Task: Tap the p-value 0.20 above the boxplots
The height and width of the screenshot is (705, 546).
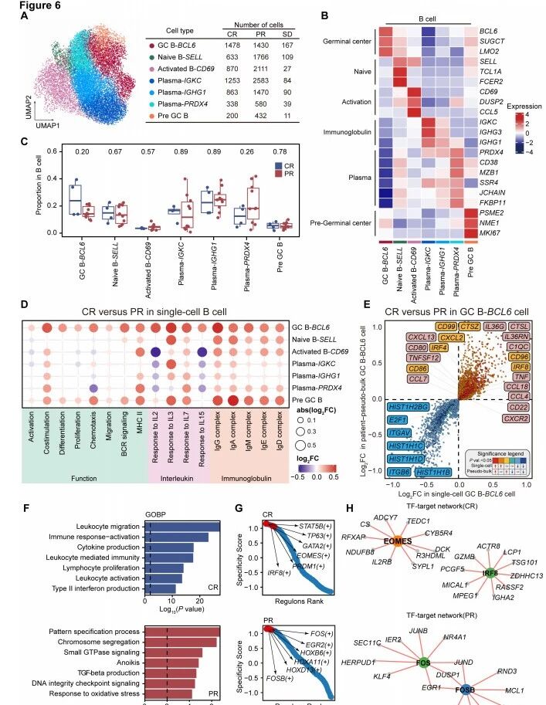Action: pyautogui.click(x=77, y=151)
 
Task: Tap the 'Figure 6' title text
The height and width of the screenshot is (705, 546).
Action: pyautogui.click(x=24, y=5)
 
